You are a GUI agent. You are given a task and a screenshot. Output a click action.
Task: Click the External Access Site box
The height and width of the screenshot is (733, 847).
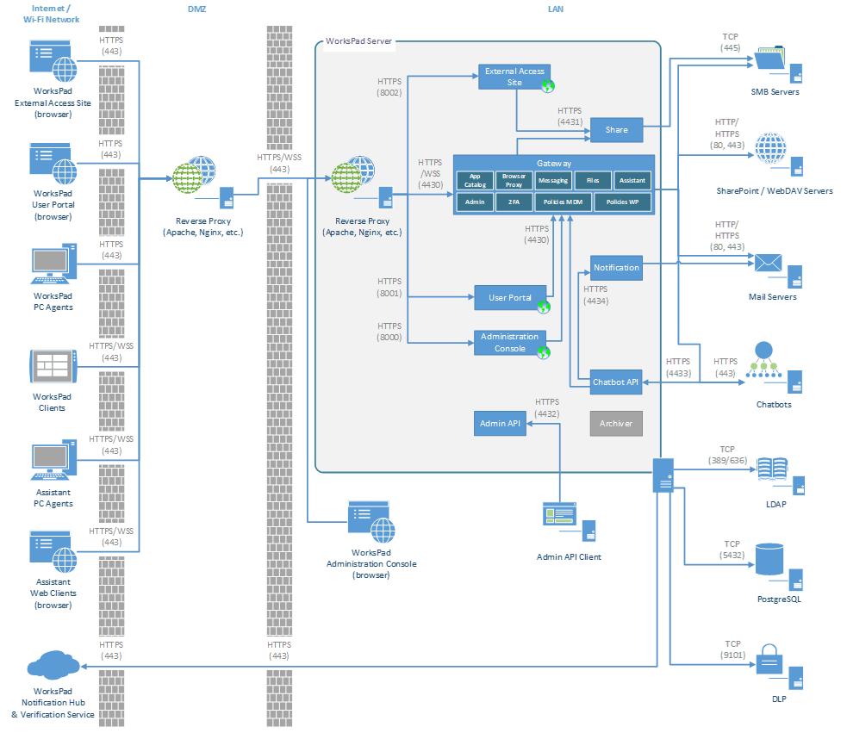tap(514, 77)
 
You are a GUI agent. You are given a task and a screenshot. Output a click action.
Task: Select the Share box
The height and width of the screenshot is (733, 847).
tap(616, 130)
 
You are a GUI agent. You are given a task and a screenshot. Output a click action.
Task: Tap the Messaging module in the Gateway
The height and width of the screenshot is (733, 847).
tap(552, 180)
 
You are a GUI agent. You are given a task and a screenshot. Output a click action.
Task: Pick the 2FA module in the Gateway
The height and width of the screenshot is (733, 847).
tap(514, 202)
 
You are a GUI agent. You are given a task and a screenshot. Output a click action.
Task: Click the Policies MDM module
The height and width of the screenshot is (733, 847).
tap(562, 202)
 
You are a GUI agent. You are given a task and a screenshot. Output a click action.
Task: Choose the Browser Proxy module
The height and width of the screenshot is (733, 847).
tap(514, 180)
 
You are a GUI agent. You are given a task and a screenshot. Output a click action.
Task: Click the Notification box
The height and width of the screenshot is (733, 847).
tap(616, 267)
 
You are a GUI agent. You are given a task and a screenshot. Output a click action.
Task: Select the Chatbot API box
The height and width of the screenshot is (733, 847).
tap(616, 382)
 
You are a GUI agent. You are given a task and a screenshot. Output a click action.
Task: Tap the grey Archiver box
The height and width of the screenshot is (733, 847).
tap(616, 423)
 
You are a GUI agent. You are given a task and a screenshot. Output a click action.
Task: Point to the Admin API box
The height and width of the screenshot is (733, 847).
tap(501, 423)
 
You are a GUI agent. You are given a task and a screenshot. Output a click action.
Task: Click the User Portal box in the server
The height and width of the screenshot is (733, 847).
tap(510, 298)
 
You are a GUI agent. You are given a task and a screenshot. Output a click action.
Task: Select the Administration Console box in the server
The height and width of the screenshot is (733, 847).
tap(510, 343)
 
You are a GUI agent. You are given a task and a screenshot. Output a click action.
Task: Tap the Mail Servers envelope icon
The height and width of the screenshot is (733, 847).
tap(767, 264)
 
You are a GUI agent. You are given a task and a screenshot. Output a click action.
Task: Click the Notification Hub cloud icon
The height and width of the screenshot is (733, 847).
tap(53, 666)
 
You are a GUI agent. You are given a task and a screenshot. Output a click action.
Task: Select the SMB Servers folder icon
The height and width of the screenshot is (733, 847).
tap(769, 59)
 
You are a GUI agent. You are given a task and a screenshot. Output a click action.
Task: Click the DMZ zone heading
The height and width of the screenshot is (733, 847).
tap(196, 9)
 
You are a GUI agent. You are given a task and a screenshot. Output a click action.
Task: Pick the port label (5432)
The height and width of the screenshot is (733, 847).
tap(732, 556)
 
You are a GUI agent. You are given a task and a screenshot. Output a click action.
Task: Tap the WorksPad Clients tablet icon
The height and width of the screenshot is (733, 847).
tap(52, 366)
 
